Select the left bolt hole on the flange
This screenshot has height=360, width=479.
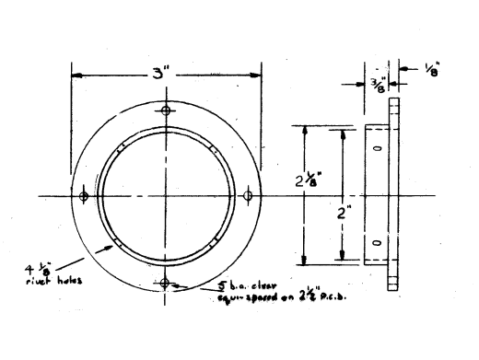[84, 197]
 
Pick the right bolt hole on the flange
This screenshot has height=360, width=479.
[247, 197]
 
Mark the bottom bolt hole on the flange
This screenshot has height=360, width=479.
[165, 283]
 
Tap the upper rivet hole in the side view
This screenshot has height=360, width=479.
[376, 147]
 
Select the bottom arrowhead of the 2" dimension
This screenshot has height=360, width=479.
[342, 261]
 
